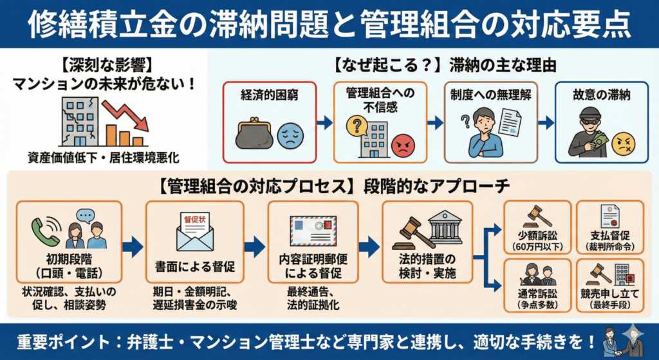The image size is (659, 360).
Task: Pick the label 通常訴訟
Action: point(537,295)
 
